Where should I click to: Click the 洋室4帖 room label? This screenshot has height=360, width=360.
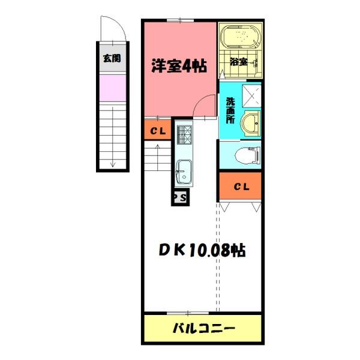(178, 66)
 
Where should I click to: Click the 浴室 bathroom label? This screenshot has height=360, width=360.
(239, 61)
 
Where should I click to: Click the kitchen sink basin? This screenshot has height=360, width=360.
(183, 172)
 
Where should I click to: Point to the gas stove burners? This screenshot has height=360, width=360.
(183, 135)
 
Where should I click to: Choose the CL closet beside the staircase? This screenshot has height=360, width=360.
(158, 131)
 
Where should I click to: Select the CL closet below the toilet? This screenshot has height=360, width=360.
(241, 187)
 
